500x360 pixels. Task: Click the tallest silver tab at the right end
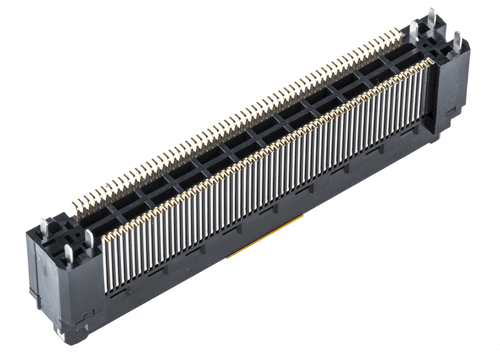click(x=431, y=17)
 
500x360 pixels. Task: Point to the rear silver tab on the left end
click(x=44, y=227)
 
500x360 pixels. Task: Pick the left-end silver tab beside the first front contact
click(x=89, y=239)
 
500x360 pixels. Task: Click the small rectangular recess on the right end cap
click(x=450, y=112)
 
